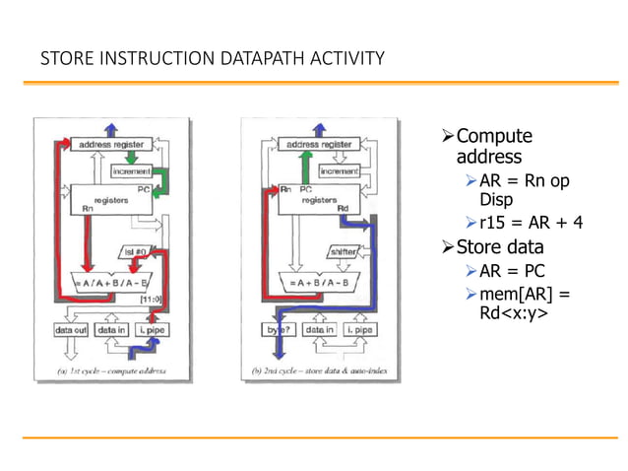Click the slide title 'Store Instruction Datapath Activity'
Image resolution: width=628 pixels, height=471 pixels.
pyautogui.click(x=212, y=60)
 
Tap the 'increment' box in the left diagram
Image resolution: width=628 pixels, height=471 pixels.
pyautogui.click(x=130, y=170)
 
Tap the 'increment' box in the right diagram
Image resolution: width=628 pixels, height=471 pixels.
pyautogui.click(x=338, y=170)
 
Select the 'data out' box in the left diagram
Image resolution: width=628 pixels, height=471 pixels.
pyautogui.click(x=73, y=330)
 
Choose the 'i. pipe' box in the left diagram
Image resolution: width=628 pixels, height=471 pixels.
pyautogui.click(x=153, y=330)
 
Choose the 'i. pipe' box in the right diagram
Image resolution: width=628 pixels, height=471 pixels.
pyautogui.click(x=360, y=330)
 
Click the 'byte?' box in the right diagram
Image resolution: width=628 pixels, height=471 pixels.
pyautogui.click(x=280, y=330)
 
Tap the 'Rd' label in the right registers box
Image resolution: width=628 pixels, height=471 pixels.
pyautogui.click(x=343, y=208)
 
